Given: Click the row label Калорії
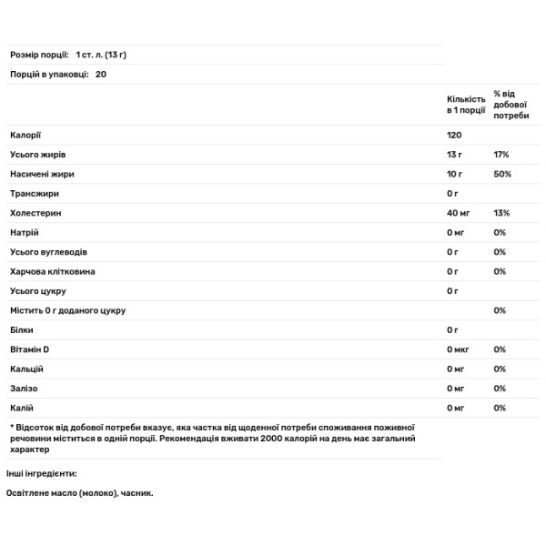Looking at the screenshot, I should pos(25,135).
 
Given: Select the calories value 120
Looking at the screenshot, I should pos(455,135).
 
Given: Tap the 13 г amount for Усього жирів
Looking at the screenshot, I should pos(454,155).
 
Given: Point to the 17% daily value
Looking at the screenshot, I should pos(501,155).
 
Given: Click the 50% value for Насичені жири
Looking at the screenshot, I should pos(502,174).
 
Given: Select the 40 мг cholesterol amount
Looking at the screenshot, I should pos(458,213).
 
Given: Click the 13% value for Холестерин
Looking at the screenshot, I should pos(501,213).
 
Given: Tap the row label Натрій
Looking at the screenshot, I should pos(24,232).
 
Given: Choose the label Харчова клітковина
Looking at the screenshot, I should pos(52,271).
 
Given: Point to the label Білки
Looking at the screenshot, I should pos(22,330).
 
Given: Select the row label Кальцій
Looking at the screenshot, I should pos(26,369).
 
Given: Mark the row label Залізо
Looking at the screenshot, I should pos(25,389).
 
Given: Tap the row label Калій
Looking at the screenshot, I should pos(22,408).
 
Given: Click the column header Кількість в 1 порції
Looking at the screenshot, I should pos(466,103).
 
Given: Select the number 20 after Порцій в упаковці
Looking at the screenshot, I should pos(101,76).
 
